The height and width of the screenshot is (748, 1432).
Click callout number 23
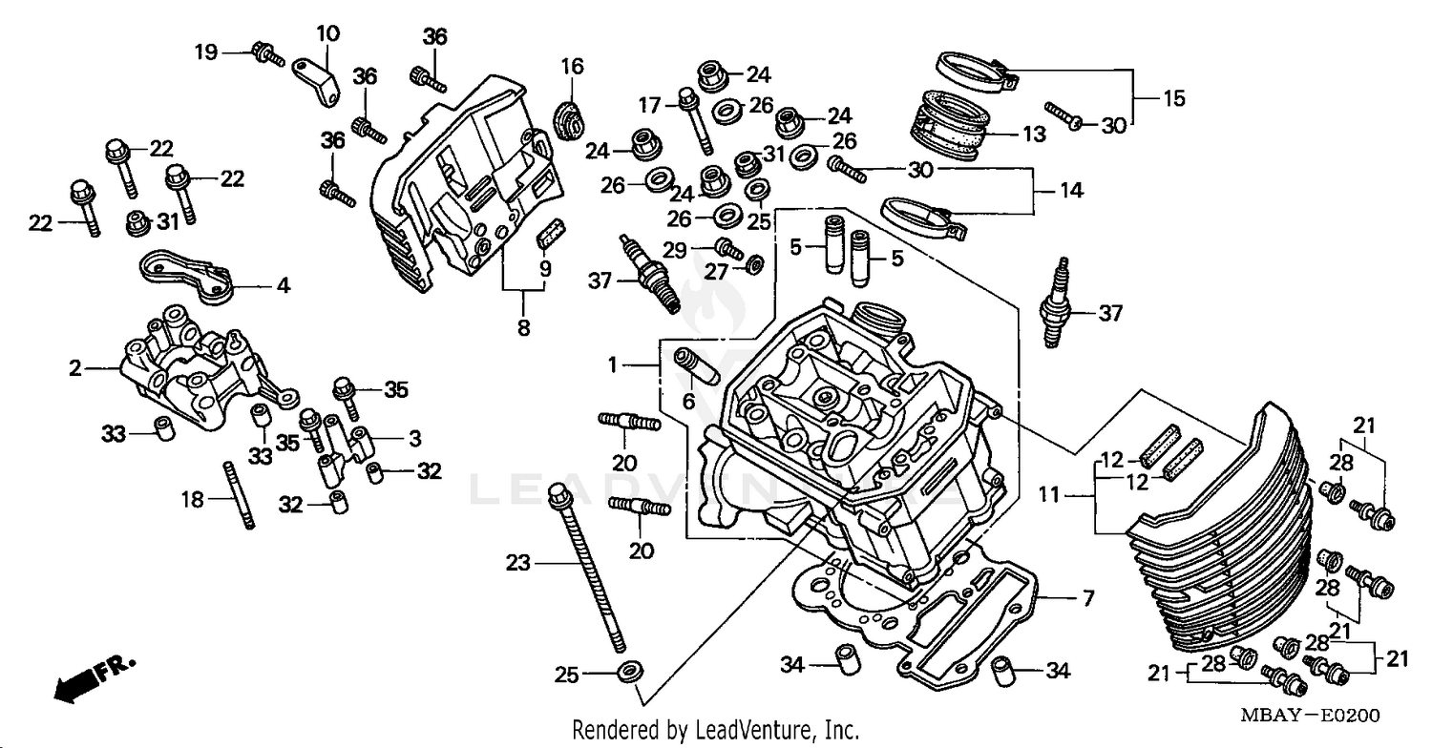(517, 564)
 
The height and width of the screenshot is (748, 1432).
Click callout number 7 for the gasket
(1087, 599)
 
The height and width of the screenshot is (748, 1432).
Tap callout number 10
(327, 34)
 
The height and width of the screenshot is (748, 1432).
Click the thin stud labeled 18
(239, 495)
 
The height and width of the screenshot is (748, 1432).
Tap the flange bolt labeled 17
(696, 120)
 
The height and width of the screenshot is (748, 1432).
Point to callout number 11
(1049, 495)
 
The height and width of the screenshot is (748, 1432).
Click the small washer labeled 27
(753, 263)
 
